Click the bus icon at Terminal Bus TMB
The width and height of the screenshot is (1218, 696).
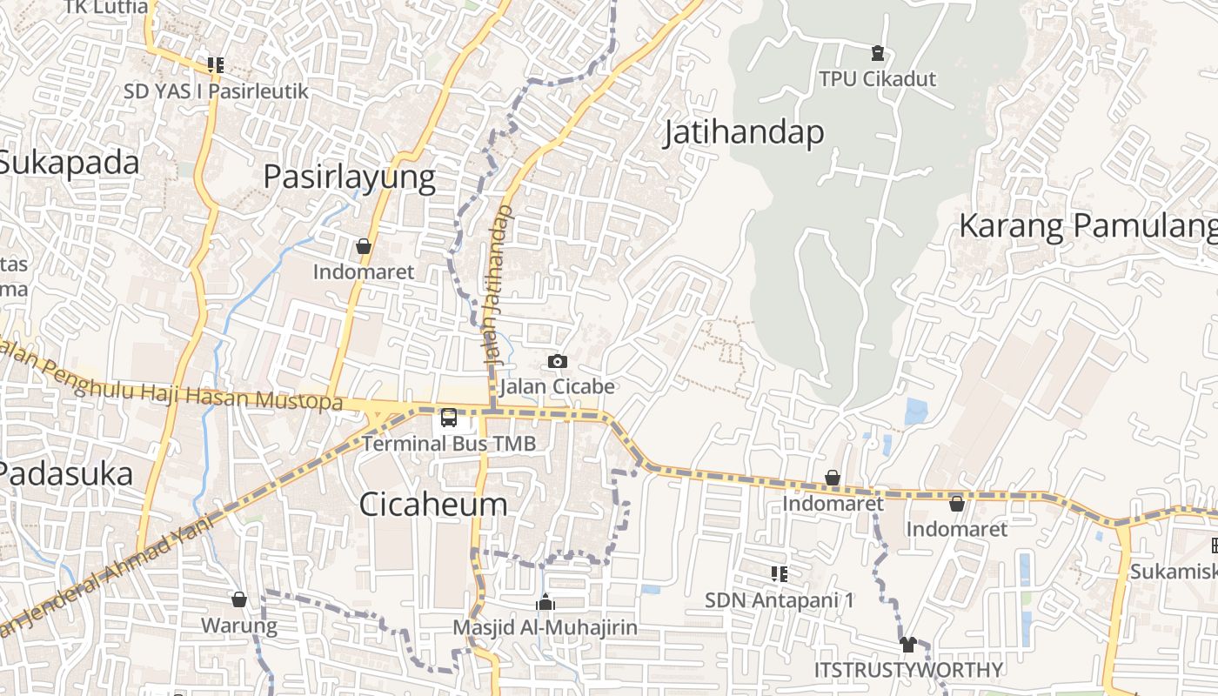tap(449, 418)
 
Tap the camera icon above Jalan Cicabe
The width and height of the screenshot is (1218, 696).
tap(558, 361)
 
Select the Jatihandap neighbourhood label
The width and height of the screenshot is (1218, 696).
tap(744, 133)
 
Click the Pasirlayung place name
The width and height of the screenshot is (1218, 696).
tap(349, 177)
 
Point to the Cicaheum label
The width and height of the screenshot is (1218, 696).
tap(432, 505)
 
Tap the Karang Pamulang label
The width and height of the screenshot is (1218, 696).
tap(1087, 226)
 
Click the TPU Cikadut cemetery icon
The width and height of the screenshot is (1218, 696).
tap(878, 54)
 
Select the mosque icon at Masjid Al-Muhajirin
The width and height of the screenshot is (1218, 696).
tap(545, 602)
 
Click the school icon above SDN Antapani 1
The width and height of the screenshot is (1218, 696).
tap(780, 574)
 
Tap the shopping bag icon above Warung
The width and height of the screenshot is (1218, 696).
tap(239, 599)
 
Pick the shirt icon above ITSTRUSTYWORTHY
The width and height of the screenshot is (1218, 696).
tap(908, 645)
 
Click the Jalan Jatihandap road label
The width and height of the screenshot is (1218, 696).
tap(497, 285)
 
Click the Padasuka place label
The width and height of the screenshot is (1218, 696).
tap(66, 474)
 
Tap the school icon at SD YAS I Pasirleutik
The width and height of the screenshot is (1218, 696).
tap(216, 65)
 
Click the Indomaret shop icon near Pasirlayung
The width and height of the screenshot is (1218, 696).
tap(364, 247)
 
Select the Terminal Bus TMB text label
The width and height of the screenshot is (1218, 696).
tap(448, 444)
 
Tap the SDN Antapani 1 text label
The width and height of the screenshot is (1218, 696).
tap(780, 600)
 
